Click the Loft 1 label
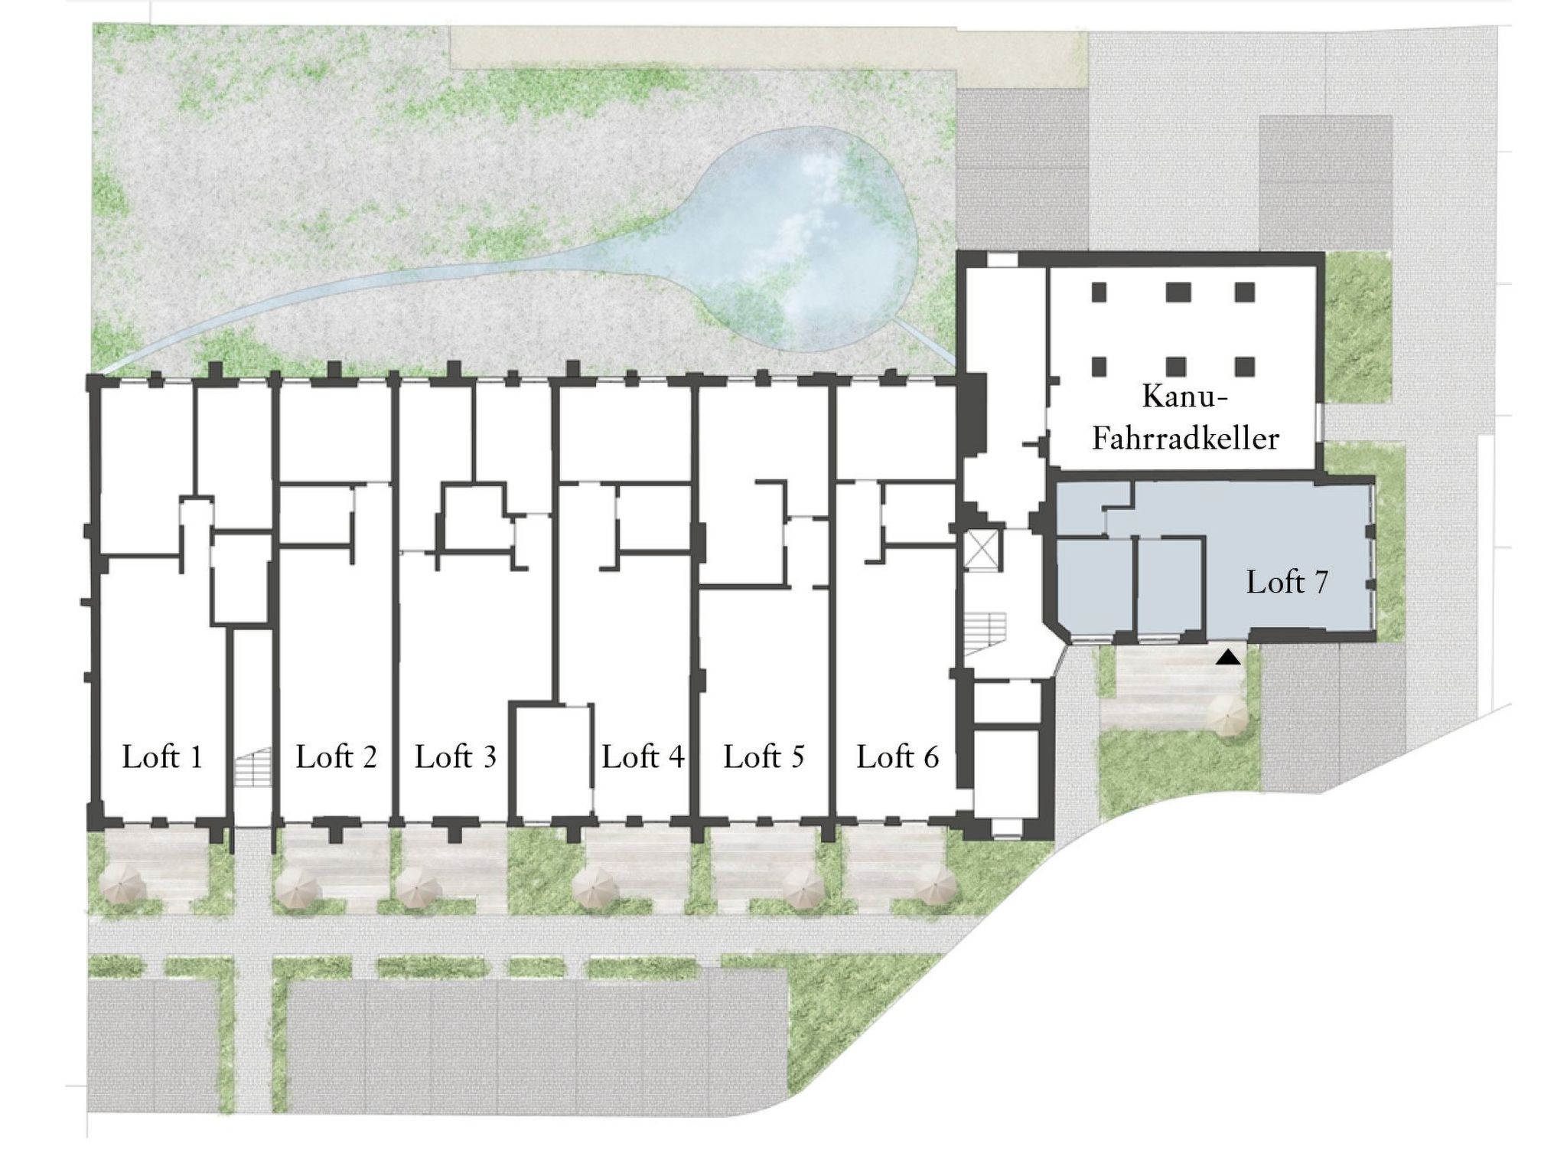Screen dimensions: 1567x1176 point(163,757)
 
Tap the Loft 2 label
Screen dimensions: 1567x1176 point(337,757)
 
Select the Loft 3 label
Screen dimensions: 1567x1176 point(456,757)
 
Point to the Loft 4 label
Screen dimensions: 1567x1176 point(643,757)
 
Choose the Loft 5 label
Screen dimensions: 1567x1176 point(764,757)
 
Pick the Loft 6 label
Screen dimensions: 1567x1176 point(898,757)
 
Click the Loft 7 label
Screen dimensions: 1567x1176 point(1287,583)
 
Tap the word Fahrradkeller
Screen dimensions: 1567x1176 point(1185,439)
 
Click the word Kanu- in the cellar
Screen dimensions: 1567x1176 point(1185,397)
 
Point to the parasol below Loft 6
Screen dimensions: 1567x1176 point(935,888)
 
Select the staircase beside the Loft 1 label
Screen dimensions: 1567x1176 point(252,766)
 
